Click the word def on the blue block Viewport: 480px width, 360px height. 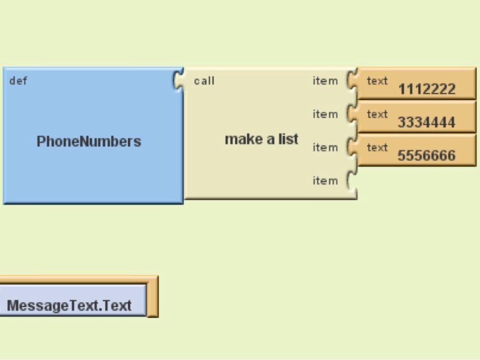pyautogui.click(x=18, y=81)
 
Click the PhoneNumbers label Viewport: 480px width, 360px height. pyautogui.click(x=89, y=141)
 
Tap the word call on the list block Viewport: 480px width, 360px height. pyautogui.click(x=204, y=81)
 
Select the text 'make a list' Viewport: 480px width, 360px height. pyautogui.click(x=262, y=139)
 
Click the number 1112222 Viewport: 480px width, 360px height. pyautogui.click(x=427, y=89)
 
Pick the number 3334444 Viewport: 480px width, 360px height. pyautogui.click(x=427, y=122)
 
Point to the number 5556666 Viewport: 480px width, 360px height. pyautogui.click(x=427, y=156)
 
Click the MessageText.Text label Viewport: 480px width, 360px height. pyautogui.click(x=69, y=306)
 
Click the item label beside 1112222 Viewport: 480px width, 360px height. pyautogui.click(x=325, y=81)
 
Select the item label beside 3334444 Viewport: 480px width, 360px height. pyautogui.click(x=325, y=114)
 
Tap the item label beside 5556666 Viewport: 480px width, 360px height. pyautogui.click(x=325, y=148)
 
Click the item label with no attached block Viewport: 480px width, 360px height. pyautogui.click(x=325, y=181)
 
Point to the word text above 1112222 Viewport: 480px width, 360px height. pyautogui.click(x=377, y=81)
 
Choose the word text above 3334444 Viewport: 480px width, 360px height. pyautogui.click(x=377, y=114)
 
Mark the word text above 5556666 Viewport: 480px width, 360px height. pyautogui.click(x=377, y=148)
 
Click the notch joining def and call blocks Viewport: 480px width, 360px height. pyautogui.click(x=179, y=80)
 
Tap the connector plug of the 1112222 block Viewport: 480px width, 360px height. pyautogui.click(x=352, y=80)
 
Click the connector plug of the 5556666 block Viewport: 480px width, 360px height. pyautogui.click(x=352, y=147)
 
